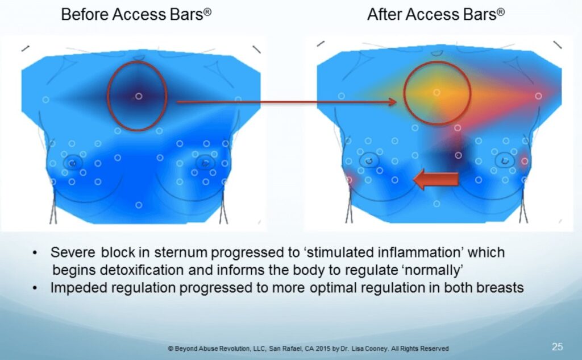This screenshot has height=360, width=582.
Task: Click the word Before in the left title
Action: pyautogui.click(x=85, y=14)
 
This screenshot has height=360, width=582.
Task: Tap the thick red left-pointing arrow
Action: pyautogui.click(x=436, y=179)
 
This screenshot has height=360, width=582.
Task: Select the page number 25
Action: pyautogui.click(x=557, y=346)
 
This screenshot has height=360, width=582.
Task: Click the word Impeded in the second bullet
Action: pyautogui.click(x=75, y=288)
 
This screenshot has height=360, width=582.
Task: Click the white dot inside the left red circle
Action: pyautogui.click(x=139, y=96)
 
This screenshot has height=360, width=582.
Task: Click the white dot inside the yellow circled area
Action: pyautogui.click(x=437, y=92)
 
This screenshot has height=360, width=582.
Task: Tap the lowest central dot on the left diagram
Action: pyautogui.click(x=139, y=205)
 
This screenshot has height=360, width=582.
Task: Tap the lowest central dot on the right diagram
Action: pyautogui.click(x=437, y=204)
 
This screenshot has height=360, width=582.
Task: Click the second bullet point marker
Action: pyautogui.click(x=35, y=288)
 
